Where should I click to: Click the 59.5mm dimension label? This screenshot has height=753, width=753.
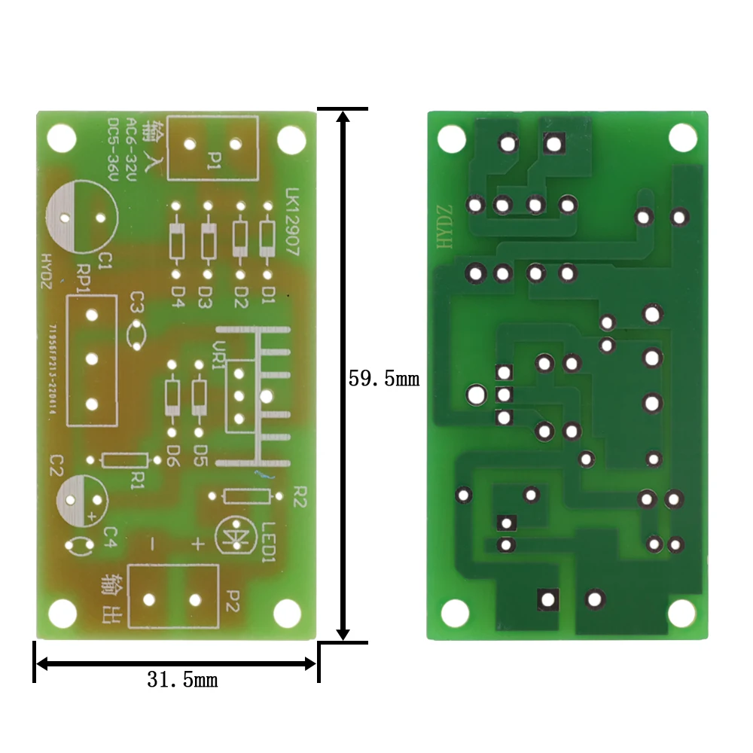coord(383,378)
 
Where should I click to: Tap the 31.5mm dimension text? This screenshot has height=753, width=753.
coord(182,681)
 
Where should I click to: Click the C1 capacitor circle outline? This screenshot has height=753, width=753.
coord(82,218)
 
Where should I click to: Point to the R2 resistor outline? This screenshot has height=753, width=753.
coord(247,495)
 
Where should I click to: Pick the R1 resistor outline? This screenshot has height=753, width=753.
coord(123,460)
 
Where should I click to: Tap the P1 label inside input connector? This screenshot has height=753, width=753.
coord(215,159)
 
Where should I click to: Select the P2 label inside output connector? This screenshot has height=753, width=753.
coord(232,599)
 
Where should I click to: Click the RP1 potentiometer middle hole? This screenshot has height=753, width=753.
coord(92,359)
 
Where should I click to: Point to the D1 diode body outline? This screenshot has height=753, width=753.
coord(267,239)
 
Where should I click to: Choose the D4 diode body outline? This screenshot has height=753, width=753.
coord(176,241)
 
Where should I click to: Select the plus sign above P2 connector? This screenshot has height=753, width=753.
coord(197,544)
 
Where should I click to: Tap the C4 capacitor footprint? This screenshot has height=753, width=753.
coord(81,545)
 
